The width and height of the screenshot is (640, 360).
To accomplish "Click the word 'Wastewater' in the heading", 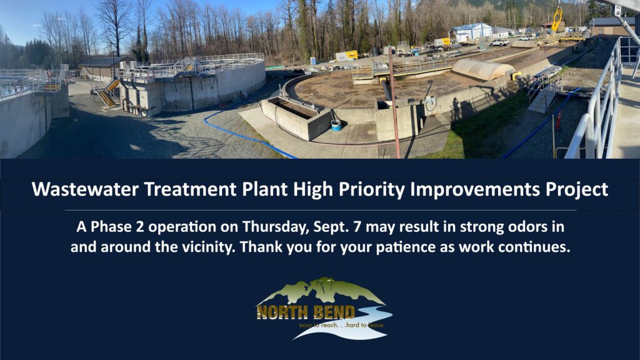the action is coord(85,189).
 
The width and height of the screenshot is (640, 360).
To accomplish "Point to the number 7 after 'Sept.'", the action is coord(357,227).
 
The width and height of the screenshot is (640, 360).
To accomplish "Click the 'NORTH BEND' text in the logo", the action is coord(306,312).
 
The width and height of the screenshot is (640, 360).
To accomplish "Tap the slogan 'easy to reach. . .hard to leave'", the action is coord(341,325).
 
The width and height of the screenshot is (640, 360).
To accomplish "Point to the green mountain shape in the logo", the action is coord(321,291).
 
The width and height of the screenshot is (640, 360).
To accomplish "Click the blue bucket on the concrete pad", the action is coord(336,125).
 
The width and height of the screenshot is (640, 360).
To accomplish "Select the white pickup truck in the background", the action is coord(499,43).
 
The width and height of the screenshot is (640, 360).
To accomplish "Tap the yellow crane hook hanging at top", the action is coord(557,19).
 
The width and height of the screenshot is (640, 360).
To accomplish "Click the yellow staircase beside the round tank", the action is coord(107,93).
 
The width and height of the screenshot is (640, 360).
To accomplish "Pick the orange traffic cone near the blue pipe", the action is coord(558,121).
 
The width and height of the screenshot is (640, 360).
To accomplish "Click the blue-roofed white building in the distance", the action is coord(471,32).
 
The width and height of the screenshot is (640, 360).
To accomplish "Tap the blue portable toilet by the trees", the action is coord(313,61).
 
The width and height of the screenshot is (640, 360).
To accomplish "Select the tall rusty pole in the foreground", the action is coord(394,102).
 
